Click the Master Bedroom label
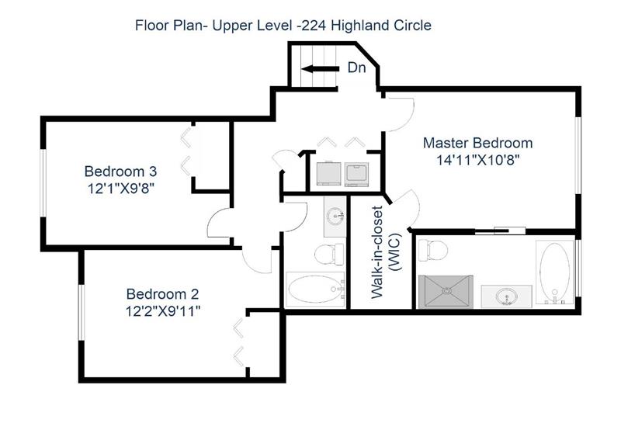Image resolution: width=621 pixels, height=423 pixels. [477, 143]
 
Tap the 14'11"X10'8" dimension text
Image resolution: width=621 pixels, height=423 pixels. [477, 161]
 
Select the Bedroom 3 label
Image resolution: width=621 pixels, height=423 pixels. [120, 172]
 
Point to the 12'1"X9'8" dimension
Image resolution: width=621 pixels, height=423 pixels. [120, 189]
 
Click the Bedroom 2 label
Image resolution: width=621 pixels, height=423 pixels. [162, 294]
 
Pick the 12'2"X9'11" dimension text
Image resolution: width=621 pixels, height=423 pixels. [162, 312]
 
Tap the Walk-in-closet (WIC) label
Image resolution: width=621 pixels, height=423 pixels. [386, 252]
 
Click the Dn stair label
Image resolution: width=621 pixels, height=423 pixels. [356, 68]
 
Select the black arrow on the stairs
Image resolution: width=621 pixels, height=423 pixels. [320, 69]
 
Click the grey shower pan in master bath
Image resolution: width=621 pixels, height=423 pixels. [446, 291]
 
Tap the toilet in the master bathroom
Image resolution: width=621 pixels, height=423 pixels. [432, 251]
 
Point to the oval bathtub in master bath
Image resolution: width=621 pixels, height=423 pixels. [554, 272]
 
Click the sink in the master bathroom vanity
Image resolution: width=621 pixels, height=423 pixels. [507, 296]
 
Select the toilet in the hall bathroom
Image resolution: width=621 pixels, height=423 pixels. [329, 255]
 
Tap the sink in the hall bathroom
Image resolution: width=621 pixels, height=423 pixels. [335, 217]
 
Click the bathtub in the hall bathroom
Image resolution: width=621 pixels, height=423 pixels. [315, 290]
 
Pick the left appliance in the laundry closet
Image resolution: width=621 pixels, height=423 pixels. [328, 174]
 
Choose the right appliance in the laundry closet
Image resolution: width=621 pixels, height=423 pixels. [356, 175]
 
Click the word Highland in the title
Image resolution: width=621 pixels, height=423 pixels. [360, 26]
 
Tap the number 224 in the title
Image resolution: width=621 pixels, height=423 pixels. [312, 26]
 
